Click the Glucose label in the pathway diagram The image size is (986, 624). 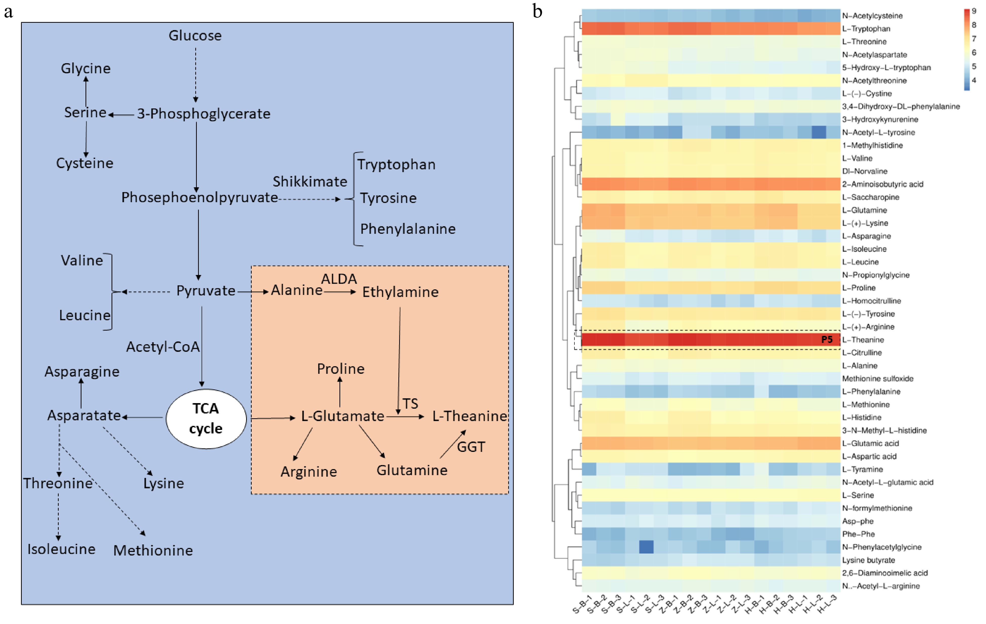tap(195, 36)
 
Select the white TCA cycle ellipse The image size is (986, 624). tap(206, 418)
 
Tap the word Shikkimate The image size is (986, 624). tap(310, 181)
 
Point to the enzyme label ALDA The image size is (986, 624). tap(339, 279)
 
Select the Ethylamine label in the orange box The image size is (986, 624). tap(400, 292)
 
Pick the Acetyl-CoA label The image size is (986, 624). tap(163, 347)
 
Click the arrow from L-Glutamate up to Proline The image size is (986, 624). tap(340, 391)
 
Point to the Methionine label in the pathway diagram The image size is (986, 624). tap(153, 550)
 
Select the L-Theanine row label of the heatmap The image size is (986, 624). tap(863, 340)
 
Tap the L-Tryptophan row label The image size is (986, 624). tap(866, 29)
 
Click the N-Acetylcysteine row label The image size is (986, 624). tap(872, 16)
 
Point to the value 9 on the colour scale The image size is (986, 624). tap(973, 11)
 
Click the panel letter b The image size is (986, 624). tap(537, 11)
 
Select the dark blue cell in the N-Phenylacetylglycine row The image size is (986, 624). tap(646, 547)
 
